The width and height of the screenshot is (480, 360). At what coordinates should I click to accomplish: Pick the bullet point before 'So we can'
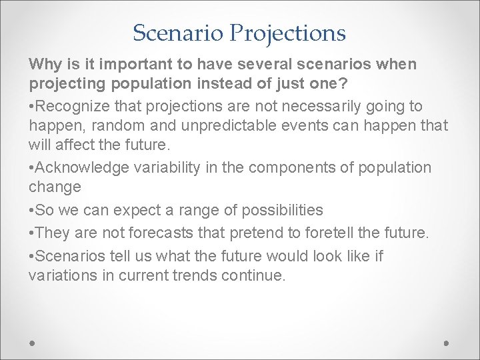[x=31, y=211]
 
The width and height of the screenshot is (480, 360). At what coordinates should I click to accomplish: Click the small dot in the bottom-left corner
[x=33, y=342]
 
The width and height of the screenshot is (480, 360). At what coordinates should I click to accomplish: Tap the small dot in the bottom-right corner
[x=446, y=342]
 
